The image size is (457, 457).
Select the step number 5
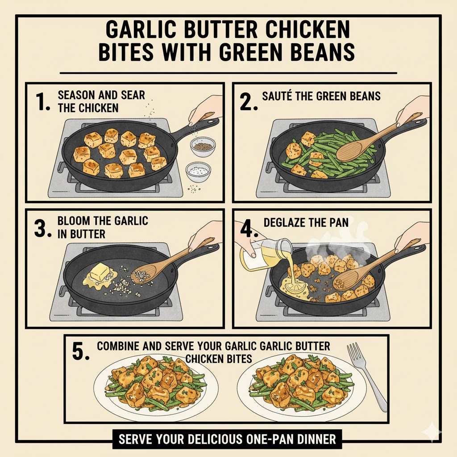[81, 352]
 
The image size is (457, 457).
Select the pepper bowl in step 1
[203, 146]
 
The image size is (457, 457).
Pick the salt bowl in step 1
[198, 171]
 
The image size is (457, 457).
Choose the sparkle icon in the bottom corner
[432, 432]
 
